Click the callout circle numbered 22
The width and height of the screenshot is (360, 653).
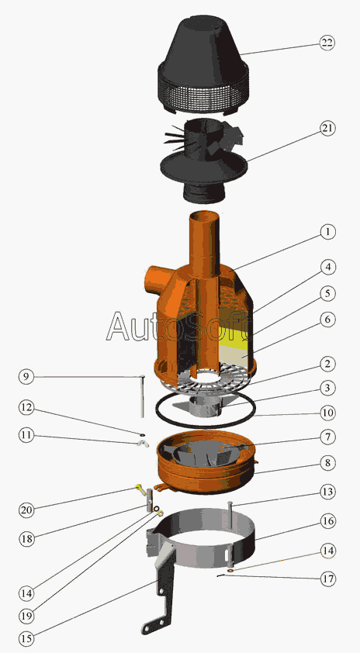click(x=327, y=43)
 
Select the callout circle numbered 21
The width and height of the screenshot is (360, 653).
click(x=327, y=128)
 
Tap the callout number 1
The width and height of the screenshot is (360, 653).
click(x=327, y=232)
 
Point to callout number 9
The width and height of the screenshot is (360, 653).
click(x=26, y=377)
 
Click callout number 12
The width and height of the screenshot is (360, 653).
click(x=26, y=408)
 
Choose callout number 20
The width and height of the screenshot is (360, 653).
click(x=26, y=510)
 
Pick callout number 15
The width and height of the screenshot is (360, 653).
click(x=26, y=638)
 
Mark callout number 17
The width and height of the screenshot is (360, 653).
click(x=327, y=579)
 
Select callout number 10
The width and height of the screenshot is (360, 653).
click(x=327, y=413)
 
